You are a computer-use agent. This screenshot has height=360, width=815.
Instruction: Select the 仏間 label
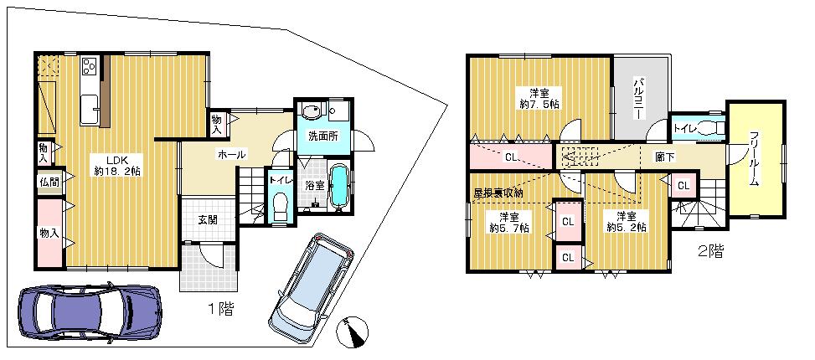click(x=47, y=182)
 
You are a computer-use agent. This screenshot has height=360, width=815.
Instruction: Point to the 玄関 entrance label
click(x=208, y=220)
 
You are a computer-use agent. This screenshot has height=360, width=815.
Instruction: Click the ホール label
click(x=231, y=155)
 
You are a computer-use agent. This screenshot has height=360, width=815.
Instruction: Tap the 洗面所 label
click(x=322, y=135)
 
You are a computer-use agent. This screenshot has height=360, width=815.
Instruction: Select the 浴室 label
click(x=315, y=185)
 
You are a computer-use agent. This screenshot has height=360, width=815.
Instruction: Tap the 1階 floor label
click(x=220, y=309)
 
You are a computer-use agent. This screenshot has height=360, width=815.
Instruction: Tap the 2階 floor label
click(x=711, y=249)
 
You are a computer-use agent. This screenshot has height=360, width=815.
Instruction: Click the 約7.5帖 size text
click(x=538, y=104)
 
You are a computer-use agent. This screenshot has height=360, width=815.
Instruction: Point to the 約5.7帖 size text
click(x=508, y=227)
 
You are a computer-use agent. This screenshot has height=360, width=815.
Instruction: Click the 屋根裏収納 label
click(x=498, y=193)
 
